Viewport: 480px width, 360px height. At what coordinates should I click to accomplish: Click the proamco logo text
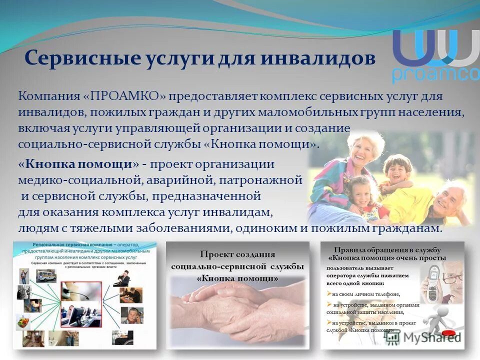[435, 74]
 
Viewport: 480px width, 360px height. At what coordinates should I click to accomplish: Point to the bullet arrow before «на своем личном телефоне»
[329, 293]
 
